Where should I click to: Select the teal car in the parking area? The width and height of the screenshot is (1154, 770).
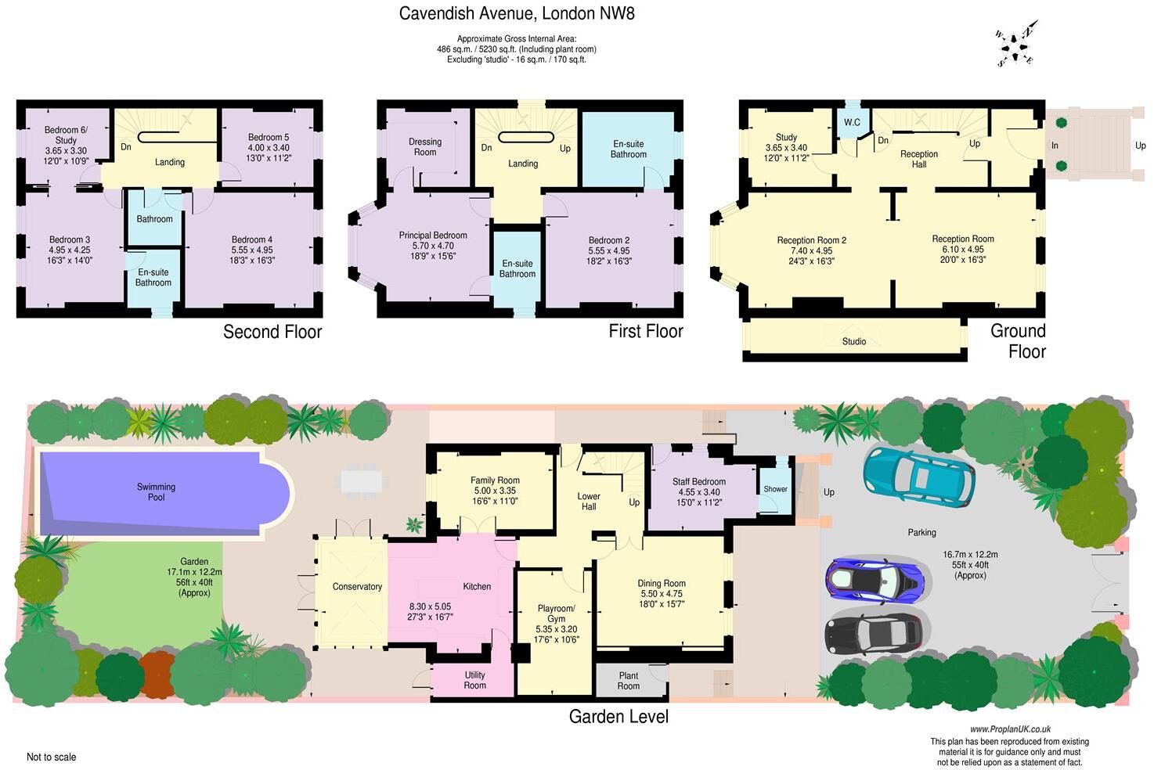[x=918, y=476]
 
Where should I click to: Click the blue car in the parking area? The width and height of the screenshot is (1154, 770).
[x=875, y=580]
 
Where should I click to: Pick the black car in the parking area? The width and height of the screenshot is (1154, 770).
[x=874, y=631]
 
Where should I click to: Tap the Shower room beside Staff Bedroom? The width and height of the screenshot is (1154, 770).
[x=776, y=489]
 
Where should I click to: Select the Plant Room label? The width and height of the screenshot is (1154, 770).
[x=629, y=681]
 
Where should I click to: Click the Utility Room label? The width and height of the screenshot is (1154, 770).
[x=474, y=680]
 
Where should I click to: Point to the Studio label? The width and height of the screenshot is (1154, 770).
[x=854, y=341]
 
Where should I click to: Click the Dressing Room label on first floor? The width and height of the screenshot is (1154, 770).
[x=425, y=147]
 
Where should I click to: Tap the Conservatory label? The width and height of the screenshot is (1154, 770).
[x=357, y=587]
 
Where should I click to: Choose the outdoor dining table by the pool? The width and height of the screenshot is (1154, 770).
[x=362, y=480]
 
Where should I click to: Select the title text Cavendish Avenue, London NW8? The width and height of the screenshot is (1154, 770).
[x=511, y=13]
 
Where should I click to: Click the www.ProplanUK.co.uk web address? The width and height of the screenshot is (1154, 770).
[x=1010, y=729]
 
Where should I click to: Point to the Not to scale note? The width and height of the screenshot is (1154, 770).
[x=52, y=757]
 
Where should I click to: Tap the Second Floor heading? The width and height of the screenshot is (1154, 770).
[x=272, y=332]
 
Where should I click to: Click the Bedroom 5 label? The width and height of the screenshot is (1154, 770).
[x=269, y=142]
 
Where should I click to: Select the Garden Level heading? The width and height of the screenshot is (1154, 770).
[x=618, y=716]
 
